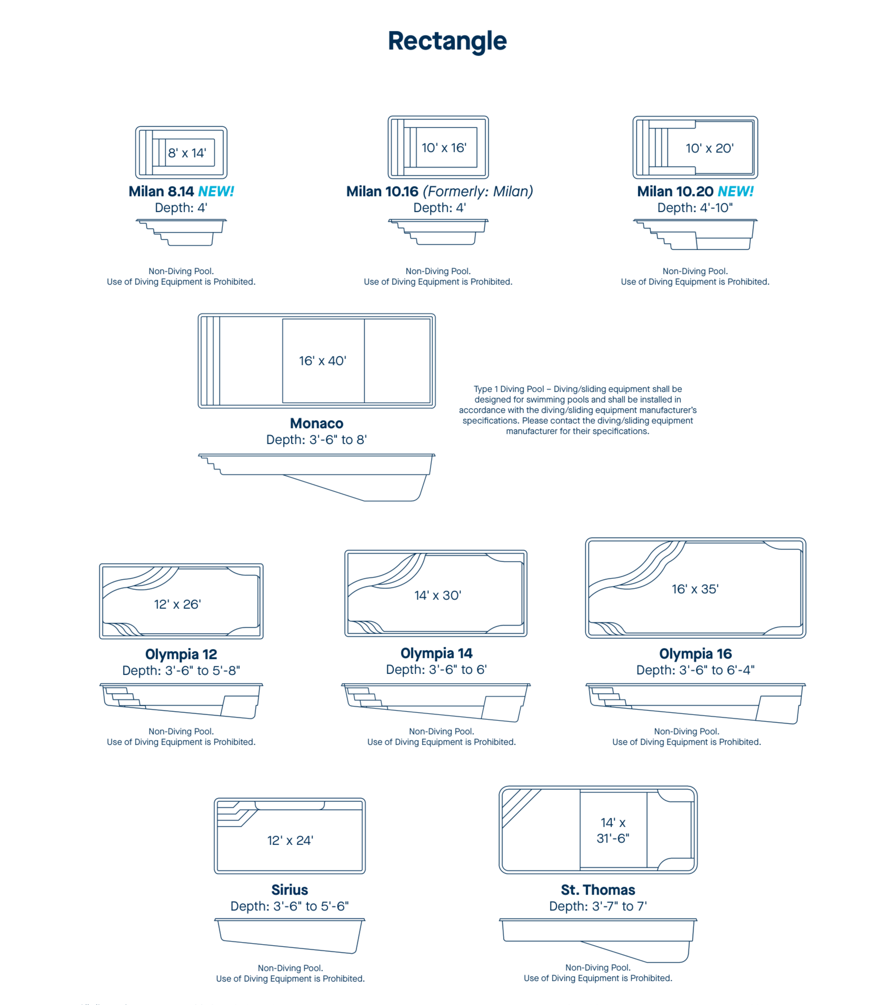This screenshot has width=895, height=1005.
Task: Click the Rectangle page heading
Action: point(447,41)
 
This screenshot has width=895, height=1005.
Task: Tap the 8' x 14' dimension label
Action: point(187,153)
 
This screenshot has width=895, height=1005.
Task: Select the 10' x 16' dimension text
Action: point(444,147)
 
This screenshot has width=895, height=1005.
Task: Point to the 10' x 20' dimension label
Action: point(710,148)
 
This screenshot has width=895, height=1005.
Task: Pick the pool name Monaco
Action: point(316,423)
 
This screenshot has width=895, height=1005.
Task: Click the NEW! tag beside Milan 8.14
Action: point(216,191)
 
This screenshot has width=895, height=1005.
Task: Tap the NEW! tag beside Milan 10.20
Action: point(736,191)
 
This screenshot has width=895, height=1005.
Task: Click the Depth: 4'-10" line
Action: point(695,208)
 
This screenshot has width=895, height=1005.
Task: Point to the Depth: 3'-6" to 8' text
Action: point(316,440)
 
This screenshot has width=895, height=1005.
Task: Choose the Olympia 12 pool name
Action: point(181,654)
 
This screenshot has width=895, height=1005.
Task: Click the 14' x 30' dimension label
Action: point(437,595)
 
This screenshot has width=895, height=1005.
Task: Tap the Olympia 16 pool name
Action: point(695,654)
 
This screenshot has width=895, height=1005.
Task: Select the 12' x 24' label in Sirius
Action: point(290,840)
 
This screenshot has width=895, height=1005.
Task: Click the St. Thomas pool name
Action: point(598,890)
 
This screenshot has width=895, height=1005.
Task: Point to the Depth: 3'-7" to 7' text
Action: point(598,906)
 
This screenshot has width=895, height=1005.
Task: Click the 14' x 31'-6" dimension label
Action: point(613,830)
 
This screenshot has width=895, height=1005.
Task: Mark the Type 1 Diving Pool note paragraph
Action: point(578,410)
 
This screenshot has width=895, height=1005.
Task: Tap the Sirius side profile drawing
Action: point(290,936)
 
